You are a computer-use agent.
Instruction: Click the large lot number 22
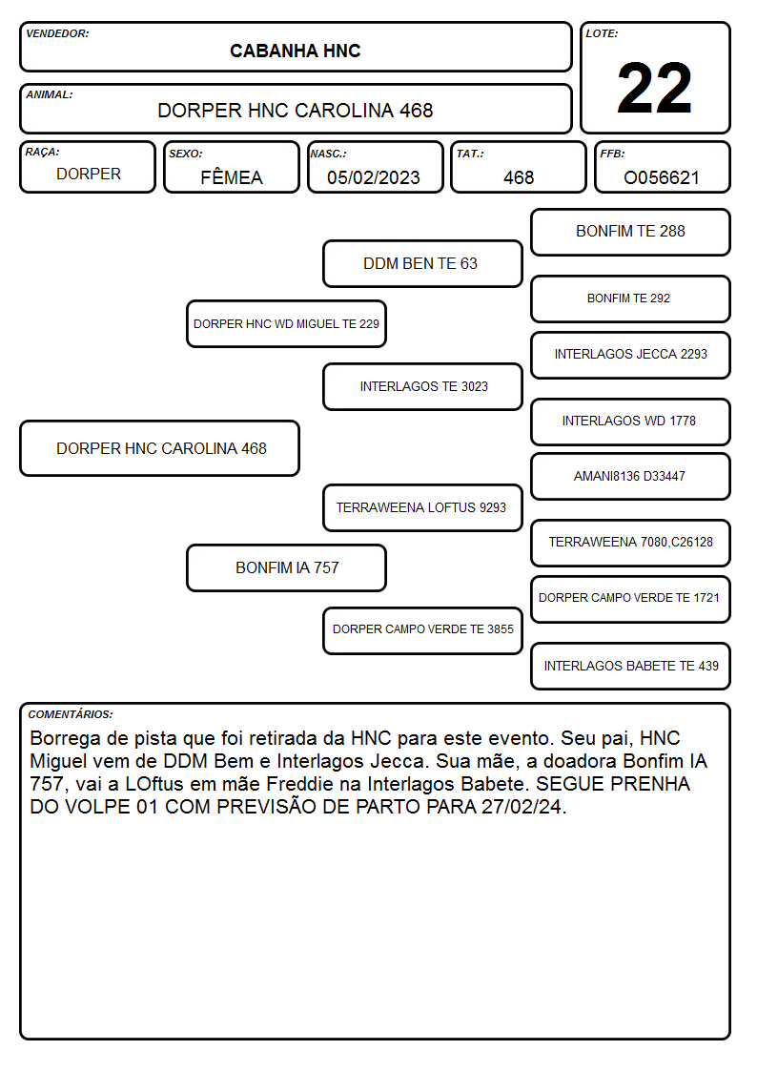(x=654, y=88)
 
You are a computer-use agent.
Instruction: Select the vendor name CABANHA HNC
(x=295, y=51)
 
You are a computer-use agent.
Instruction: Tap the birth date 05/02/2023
(x=374, y=177)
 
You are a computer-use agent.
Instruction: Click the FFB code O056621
(x=662, y=177)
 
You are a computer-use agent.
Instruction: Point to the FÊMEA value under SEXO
(x=232, y=177)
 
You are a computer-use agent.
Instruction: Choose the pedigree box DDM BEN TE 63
(x=422, y=263)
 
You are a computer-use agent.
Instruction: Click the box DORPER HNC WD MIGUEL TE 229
(x=287, y=323)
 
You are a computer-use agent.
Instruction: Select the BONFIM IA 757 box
(x=287, y=567)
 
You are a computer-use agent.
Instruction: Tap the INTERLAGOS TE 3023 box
(x=422, y=386)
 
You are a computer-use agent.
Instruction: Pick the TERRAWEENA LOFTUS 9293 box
(x=422, y=507)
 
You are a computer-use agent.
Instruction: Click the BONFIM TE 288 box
(x=631, y=233)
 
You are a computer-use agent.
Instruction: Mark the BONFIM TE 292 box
(x=631, y=299)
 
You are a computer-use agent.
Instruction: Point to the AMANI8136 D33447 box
(x=631, y=476)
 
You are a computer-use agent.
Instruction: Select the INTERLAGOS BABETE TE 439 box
(x=631, y=666)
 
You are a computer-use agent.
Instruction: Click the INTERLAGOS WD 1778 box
(x=631, y=422)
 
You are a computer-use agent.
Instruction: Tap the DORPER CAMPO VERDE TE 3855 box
(x=422, y=630)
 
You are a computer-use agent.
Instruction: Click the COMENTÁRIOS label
(x=71, y=714)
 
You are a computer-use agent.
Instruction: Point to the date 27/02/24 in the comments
(x=523, y=807)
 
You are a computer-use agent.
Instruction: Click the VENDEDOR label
(x=57, y=33)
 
